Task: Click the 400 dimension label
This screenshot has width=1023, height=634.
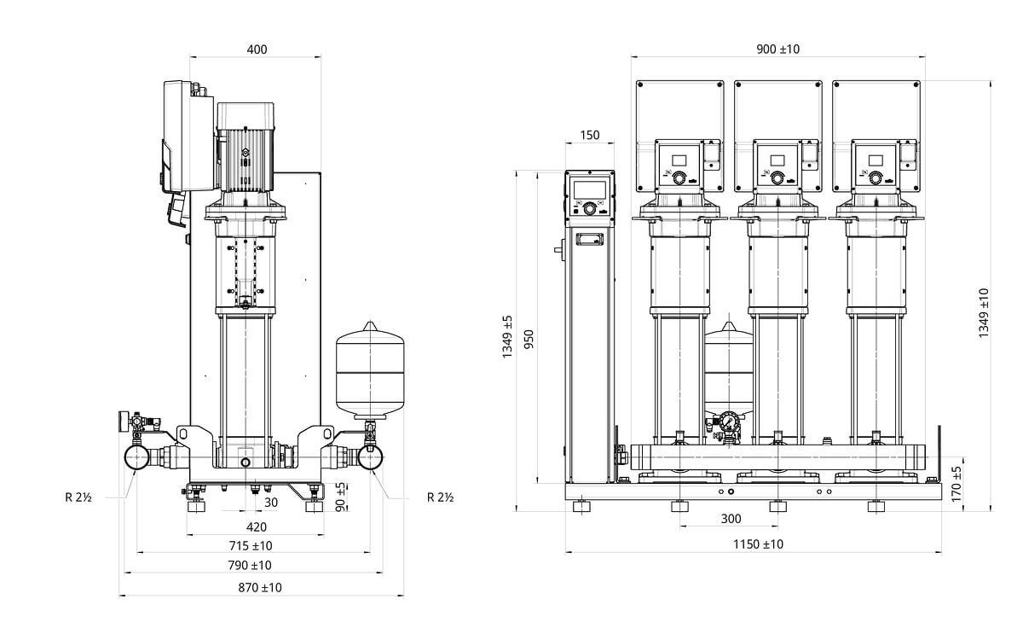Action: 257,49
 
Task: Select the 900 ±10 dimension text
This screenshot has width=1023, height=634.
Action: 778,49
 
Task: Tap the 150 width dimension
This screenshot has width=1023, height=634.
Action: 589,135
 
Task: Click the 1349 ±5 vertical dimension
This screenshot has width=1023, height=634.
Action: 508,335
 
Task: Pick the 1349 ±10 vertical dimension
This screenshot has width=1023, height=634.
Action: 984,313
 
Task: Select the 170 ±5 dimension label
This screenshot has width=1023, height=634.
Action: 957,483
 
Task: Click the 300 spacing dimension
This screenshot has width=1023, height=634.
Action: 731,519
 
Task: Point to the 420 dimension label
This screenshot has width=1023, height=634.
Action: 257,526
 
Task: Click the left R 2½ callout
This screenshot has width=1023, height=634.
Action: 79,497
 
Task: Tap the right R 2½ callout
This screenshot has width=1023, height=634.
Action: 440,497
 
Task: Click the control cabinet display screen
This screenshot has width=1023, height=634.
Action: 589,189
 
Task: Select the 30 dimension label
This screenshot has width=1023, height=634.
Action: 271,503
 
